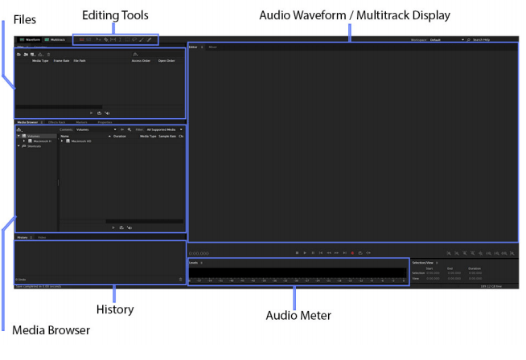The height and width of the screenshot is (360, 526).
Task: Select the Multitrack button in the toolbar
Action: pos(55,39)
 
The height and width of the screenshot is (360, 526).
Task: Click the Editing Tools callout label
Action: pos(116,15)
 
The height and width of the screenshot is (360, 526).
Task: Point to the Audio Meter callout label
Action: pos(298,314)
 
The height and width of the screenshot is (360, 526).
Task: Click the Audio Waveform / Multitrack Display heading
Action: pos(354,15)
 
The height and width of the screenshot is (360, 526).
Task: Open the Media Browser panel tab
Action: pos(28,122)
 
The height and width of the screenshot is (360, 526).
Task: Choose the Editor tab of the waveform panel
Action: pos(193,47)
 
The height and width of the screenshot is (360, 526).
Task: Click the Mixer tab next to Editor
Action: pos(213,47)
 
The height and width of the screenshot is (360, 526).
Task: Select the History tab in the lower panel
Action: pos(23,238)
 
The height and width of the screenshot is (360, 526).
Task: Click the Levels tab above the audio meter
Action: pos(193,263)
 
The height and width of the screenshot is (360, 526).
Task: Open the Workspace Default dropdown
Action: pos(446,39)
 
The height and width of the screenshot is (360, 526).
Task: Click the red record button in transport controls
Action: pos(351,253)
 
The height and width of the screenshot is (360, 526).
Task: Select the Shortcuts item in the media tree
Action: pos(34,146)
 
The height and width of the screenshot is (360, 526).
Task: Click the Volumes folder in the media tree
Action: pos(34,136)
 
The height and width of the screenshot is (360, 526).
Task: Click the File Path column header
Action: pos(80,60)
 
